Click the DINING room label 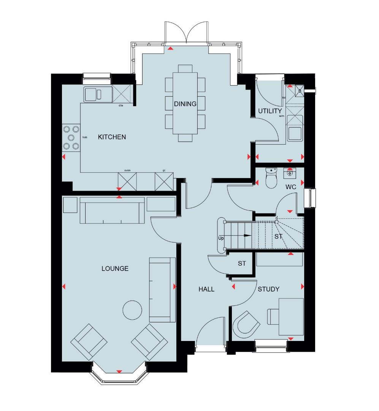pos(185,104)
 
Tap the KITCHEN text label pos(112,137)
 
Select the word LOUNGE pos(115,269)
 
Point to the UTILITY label pos(270,111)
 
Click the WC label pos(291,188)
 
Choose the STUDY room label pos(268,289)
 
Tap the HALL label pos(206,289)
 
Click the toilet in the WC pos(271,179)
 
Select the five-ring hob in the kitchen pos(71,137)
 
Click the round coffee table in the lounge pos(133,309)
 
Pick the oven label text pos(127,170)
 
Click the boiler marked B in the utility pos(299,91)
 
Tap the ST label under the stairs pos(279,236)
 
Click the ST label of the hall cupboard pos(242,263)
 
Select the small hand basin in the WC pos(290,173)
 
